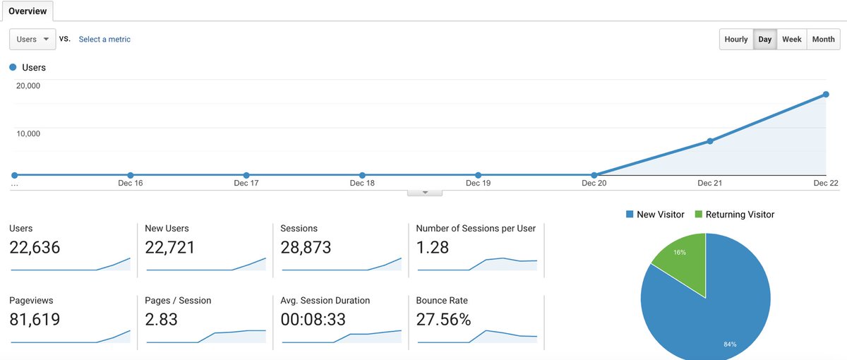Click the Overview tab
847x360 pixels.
[x=28, y=11]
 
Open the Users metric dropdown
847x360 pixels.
[x=32, y=40]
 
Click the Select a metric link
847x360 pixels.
[x=104, y=40]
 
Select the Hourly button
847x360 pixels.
[x=736, y=40]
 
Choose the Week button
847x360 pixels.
[x=791, y=40]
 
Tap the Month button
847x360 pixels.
[x=823, y=40]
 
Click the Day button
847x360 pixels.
[x=765, y=40]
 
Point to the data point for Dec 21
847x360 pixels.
[x=710, y=141]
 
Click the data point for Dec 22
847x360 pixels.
[x=825, y=95]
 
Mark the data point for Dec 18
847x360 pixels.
[x=362, y=175]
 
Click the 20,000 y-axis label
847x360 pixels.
[x=29, y=86]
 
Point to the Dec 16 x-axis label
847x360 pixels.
[x=130, y=184]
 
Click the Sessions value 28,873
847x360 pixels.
[x=306, y=248]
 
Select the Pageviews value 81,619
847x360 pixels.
[x=35, y=320]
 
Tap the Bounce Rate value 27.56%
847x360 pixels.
[x=443, y=320]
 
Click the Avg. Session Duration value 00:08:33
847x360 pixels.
[x=313, y=320]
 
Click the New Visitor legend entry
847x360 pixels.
[x=654, y=215]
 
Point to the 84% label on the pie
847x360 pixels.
[x=730, y=344]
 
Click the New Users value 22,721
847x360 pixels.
[x=170, y=248]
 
